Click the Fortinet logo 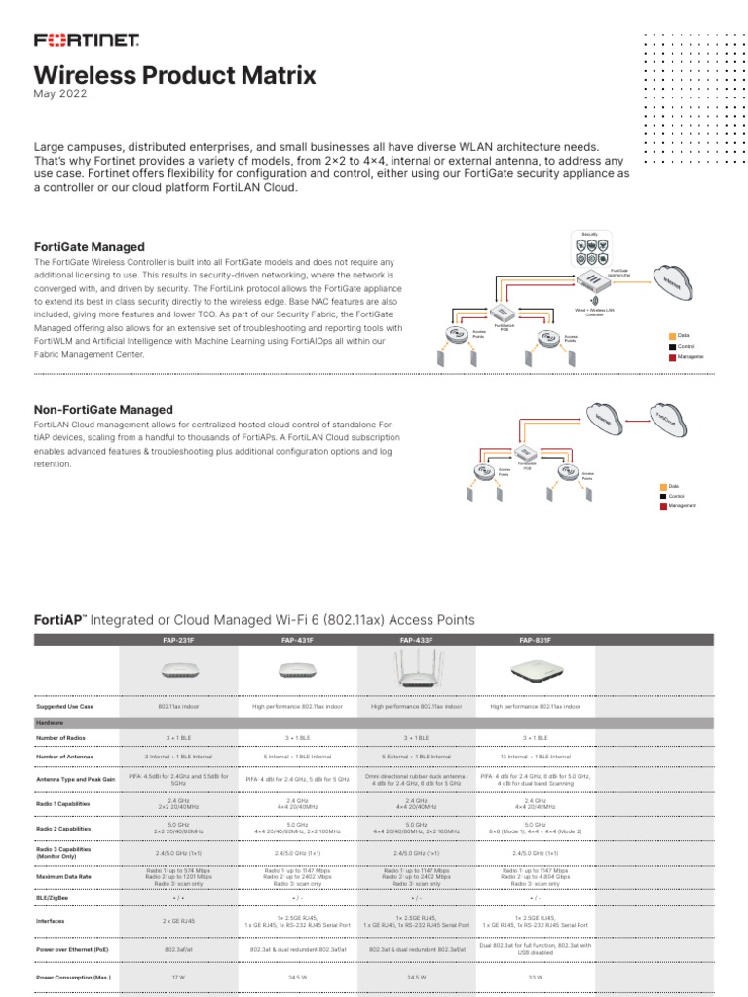pos(87,41)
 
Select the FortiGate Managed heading pos(89,247)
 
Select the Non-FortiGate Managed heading pos(102,410)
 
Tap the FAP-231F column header pos(176,640)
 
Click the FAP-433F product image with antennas pos(416,671)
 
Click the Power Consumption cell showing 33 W pos(535,976)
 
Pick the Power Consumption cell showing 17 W pos(176,976)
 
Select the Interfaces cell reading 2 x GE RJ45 pos(176,920)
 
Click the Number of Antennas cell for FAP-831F pos(535,756)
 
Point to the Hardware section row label pos(51,723)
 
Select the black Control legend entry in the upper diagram pos(684,346)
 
